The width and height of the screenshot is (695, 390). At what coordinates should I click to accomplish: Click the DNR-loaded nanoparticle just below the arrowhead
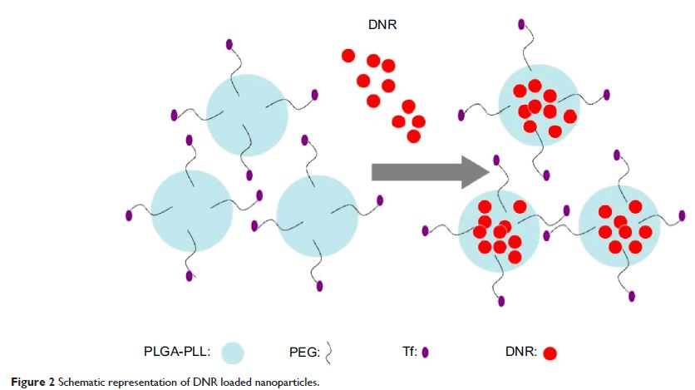click(499, 232)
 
